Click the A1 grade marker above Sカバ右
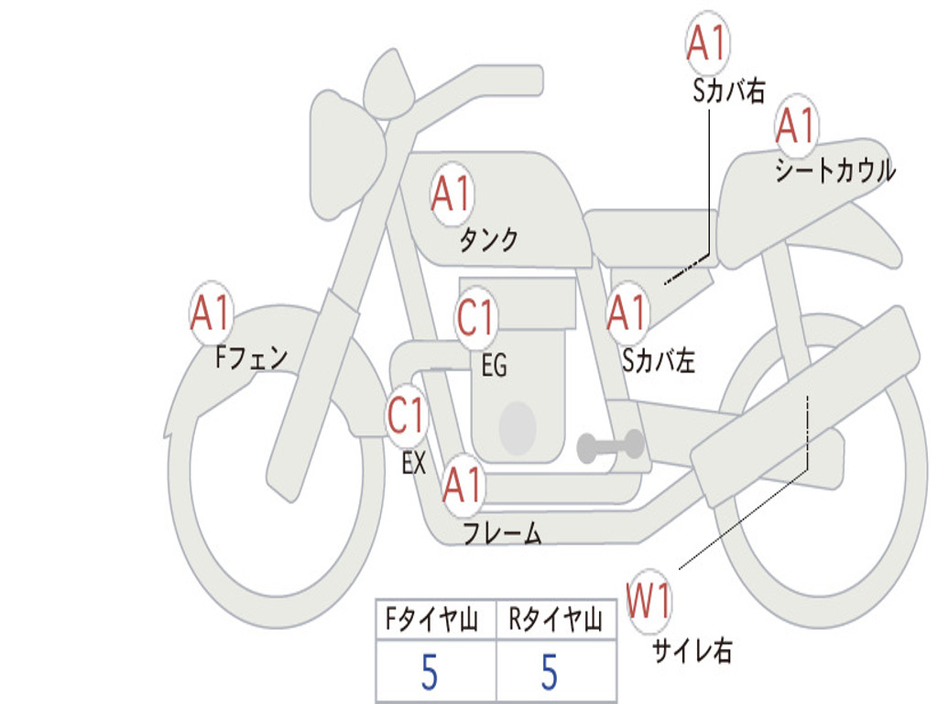point(707,42)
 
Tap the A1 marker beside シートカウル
point(796,125)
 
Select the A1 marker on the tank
point(453,193)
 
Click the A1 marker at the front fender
point(212,312)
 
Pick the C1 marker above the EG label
point(476,317)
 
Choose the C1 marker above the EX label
point(407,415)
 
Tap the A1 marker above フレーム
point(463,484)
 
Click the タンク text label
point(489,239)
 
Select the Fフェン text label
point(252,358)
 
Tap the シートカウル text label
point(835,170)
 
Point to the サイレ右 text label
point(693,650)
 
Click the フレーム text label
point(503,533)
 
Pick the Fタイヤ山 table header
point(431,619)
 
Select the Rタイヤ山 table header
point(555,619)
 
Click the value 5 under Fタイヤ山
point(430,672)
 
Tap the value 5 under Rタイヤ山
point(550,672)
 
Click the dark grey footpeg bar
point(610,446)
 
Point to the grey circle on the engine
point(518,427)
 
